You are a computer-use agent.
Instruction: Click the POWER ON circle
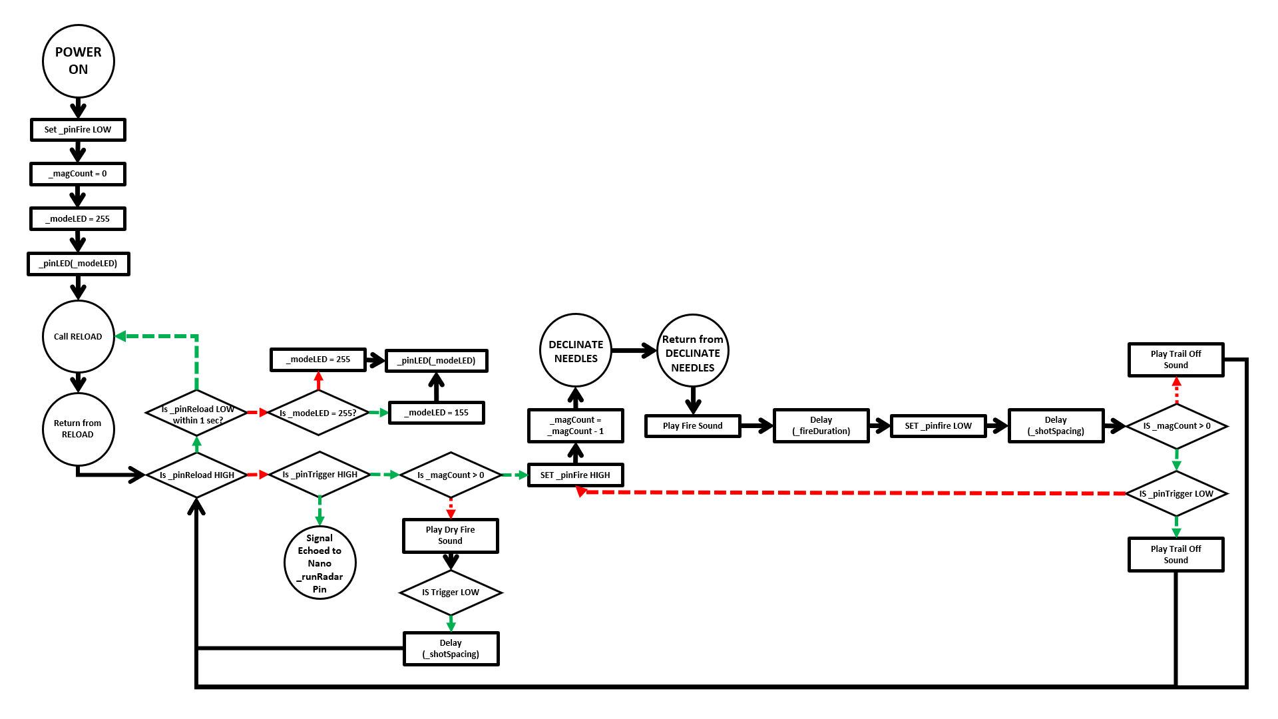point(79,61)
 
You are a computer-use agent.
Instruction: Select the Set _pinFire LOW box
point(78,130)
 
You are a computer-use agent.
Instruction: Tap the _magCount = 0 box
point(78,174)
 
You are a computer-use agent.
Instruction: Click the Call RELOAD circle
point(79,336)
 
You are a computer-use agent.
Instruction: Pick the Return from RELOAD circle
point(79,429)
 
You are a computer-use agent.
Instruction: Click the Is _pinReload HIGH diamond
point(196,475)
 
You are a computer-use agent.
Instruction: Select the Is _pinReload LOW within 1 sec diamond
point(196,413)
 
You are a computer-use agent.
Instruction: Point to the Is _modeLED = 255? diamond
point(318,413)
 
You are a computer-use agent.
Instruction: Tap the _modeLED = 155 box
point(436,413)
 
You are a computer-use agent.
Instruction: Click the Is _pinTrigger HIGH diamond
point(319,475)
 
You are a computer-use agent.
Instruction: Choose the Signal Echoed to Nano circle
point(319,563)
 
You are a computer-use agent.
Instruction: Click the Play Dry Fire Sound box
point(451,535)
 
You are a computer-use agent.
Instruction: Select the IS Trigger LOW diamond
point(451,593)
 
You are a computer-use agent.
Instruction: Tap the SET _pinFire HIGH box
point(575,475)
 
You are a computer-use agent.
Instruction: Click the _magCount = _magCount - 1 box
point(575,425)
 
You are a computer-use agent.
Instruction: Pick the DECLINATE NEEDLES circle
point(576,351)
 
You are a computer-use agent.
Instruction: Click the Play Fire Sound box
point(692,426)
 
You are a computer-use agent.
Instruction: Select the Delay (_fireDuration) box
point(821,425)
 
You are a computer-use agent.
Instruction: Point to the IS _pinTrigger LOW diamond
point(1176,494)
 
